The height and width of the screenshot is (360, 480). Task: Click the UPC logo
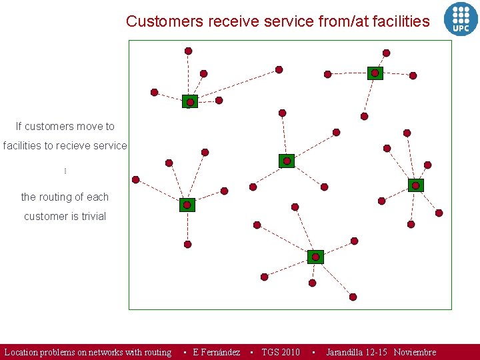[x=461, y=18]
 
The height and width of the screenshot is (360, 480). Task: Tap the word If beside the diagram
[x=19, y=126]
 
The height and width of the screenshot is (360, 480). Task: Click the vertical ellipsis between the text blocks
[x=65, y=171]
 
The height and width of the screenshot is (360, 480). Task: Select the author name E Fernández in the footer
[x=216, y=352]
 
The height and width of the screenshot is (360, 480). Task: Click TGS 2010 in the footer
[x=281, y=352]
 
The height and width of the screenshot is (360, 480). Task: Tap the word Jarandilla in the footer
[x=346, y=352]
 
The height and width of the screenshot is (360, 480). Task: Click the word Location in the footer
[x=21, y=352]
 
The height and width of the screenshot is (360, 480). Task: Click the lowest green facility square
[x=315, y=257]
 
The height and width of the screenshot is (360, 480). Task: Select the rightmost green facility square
[x=415, y=185]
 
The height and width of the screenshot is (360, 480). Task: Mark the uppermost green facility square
[x=375, y=73]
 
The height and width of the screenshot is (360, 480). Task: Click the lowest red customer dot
[x=353, y=297]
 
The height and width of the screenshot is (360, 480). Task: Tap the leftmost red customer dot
[x=136, y=179]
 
